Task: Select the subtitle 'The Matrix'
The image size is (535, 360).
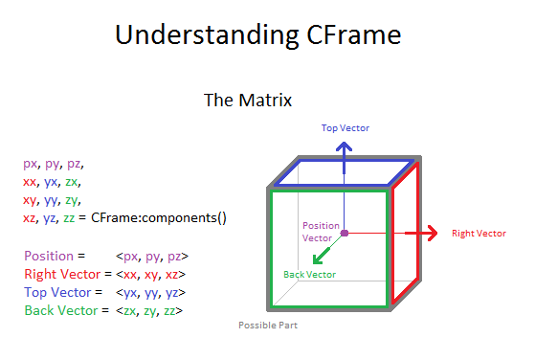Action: [x=248, y=100]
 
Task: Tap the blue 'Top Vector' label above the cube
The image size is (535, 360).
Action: [x=346, y=128]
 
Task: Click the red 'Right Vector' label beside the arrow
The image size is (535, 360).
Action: [x=478, y=233]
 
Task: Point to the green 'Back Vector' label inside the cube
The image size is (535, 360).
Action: [x=309, y=275]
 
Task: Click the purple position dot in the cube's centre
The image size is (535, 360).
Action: [x=344, y=233]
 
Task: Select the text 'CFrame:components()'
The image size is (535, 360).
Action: [x=159, y=217]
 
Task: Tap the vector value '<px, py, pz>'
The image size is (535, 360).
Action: [x=151, y=256]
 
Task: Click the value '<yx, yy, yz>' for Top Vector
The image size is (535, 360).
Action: [x=151, y=292]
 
